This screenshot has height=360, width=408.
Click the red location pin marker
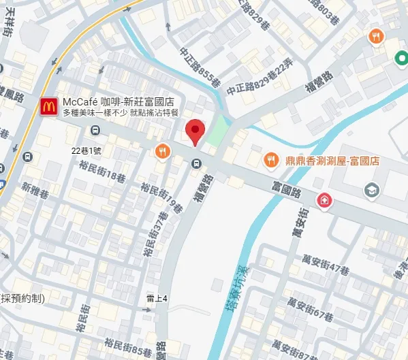(x=195, y=131)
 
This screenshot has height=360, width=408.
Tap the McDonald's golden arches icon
(x=48, y=106)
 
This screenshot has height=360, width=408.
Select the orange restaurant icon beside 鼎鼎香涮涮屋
(x=271, y=160)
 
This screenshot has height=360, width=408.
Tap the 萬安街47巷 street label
(x=328, y=263)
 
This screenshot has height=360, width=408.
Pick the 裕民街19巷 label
(x=161, y=197)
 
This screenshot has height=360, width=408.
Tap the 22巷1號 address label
(x=87, y=149)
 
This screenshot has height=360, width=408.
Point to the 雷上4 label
(x=157, y=297)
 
